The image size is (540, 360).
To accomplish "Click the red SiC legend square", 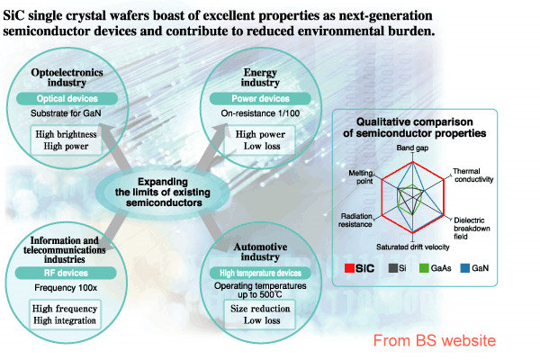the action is pos(349,268).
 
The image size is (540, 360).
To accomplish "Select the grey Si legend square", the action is pos(393,268).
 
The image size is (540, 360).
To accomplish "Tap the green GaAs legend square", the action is pos(424,268).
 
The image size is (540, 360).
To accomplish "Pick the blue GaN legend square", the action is pos(465,268).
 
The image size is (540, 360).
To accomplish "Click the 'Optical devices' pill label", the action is pos(67,98).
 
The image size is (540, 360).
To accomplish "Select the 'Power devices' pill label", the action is pos(260,98).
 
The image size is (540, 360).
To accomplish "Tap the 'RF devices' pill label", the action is pos(66,273).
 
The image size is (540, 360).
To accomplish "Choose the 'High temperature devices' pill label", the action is pos(260,273).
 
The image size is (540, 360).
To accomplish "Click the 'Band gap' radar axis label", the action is pos(412,148).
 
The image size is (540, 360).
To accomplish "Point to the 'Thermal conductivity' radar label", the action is pos(473,175).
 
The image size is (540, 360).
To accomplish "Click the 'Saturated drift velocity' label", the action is pos(412,247).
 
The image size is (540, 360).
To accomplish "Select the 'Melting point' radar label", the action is pos(361,176).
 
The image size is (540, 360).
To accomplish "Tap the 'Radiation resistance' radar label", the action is pos(355,220).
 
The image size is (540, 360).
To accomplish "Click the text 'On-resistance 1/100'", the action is pos(260,113).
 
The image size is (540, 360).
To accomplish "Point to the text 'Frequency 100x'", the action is pos(66,288).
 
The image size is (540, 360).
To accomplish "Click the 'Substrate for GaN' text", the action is pos(66,113).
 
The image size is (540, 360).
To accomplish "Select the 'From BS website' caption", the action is pos(435,340).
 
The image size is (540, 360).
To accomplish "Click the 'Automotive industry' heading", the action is pos(260,252).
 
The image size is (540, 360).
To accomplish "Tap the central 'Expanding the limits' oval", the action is pos(163,193).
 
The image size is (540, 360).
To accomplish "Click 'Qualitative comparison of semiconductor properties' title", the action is pos(415,128).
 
